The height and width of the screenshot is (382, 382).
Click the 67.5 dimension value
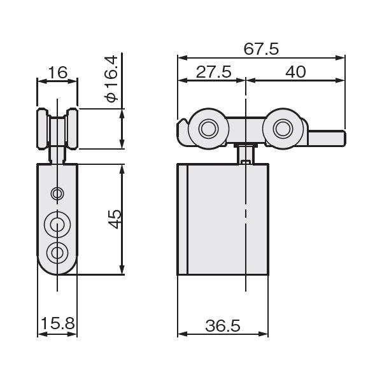pyautogui.click(x=261, y=49)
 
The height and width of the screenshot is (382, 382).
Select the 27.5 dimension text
pyautogui.click(x=214, y=72)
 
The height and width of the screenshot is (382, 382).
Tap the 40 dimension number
pyautogui.click(x=295, y=72)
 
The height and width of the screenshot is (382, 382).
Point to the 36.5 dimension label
pyautogui.click(x=223, y=326)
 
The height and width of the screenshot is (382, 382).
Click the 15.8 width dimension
pyautogui.click(x=58, y=323)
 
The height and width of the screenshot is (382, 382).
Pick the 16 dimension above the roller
pyautogui.click(x=58, y=73)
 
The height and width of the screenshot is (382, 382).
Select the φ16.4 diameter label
pyautogui.click(x=111, y=79)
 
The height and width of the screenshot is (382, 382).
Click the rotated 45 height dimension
pyautogui.click(x=114, y=219)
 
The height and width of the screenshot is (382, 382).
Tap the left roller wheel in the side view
pyautogui.click(x=209, y=129)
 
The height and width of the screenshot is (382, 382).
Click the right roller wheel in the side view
pyautogui.click(x=283, y=129)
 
